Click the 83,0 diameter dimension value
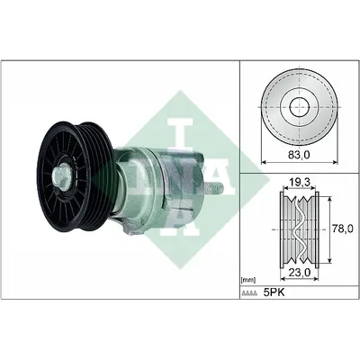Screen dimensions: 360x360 coord(300,155)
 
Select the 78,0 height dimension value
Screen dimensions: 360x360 coord(344,229)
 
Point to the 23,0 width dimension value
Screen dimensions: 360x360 coord(300,272)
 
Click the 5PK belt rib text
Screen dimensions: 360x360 coord(274,292)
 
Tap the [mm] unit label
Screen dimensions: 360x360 coord(248,281)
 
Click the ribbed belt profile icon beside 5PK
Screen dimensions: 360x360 coord(249,293)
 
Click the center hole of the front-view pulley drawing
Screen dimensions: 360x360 coord(300,107)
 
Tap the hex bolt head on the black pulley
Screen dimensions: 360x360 coord(61,177)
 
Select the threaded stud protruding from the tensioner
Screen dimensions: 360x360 coord(214,188)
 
